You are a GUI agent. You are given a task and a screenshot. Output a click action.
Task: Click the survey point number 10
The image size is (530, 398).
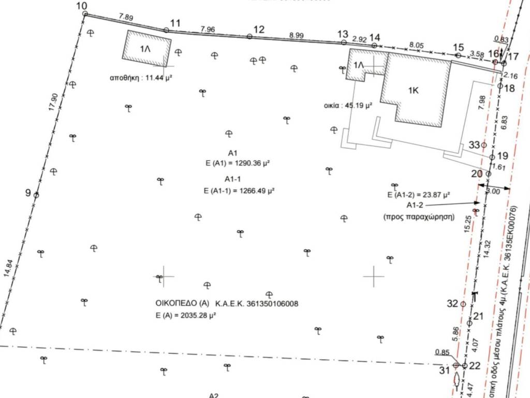[82, 6]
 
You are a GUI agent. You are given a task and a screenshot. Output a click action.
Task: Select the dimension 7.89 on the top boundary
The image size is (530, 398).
[126, 18]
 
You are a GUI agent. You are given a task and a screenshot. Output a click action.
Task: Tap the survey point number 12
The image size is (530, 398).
[259, 30]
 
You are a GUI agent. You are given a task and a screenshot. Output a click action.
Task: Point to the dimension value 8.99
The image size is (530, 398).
[297, 35]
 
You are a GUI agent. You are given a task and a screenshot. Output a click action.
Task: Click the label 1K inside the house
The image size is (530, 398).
[413, 90]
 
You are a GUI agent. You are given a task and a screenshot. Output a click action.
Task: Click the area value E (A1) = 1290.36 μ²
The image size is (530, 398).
[239, 163]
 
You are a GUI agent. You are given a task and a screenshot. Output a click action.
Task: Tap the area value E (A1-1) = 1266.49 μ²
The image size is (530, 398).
[239, 190]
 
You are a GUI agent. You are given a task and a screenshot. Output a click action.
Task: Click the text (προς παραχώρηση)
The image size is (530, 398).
[418, 217]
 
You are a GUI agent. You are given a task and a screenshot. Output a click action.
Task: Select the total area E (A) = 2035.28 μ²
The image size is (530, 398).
[185, 315]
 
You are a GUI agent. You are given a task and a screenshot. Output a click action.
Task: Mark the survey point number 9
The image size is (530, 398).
[28, 193]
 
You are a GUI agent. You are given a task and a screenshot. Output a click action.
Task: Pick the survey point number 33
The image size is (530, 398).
[474, 145]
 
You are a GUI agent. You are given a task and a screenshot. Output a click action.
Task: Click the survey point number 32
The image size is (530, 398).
[452, 303]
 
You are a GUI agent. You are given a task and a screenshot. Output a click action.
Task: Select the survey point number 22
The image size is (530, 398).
[475, 365]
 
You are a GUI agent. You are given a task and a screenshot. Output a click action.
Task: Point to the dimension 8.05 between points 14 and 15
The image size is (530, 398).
[417, 45]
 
